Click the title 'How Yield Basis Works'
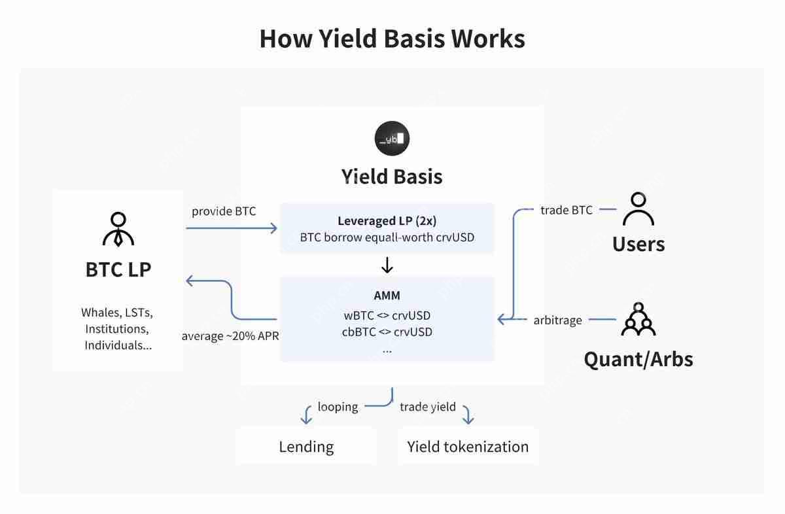coord(392,39)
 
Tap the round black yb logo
coord(392,138)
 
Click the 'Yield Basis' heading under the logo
coord(392,177)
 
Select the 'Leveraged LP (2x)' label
coord(387,220)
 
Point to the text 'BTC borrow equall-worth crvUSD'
coord(387,237)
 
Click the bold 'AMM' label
coord(387,295)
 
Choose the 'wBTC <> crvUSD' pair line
coord(387,315)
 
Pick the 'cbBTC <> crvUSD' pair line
coord(387,332)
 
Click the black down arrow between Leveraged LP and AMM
coord(387,265)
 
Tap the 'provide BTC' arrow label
coord(224,211)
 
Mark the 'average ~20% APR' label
coord(230,336)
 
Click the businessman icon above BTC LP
coord(118,230)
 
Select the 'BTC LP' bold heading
coord(118,269)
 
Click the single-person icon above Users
coord(638,209)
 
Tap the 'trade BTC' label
coord(567,210)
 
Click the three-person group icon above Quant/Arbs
coord(638,319)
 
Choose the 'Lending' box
coord(306,447)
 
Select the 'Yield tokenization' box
coord(468,447)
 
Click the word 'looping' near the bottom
coord(338,407)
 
